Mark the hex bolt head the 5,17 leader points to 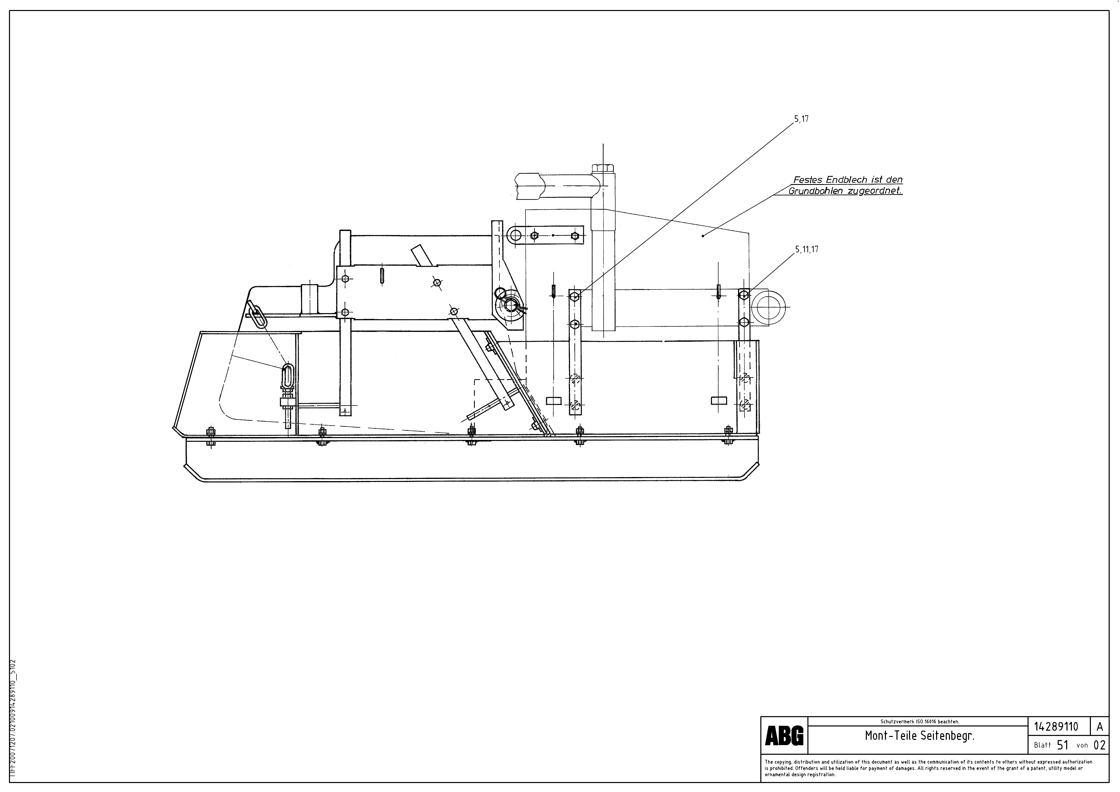tap(575, 296)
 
